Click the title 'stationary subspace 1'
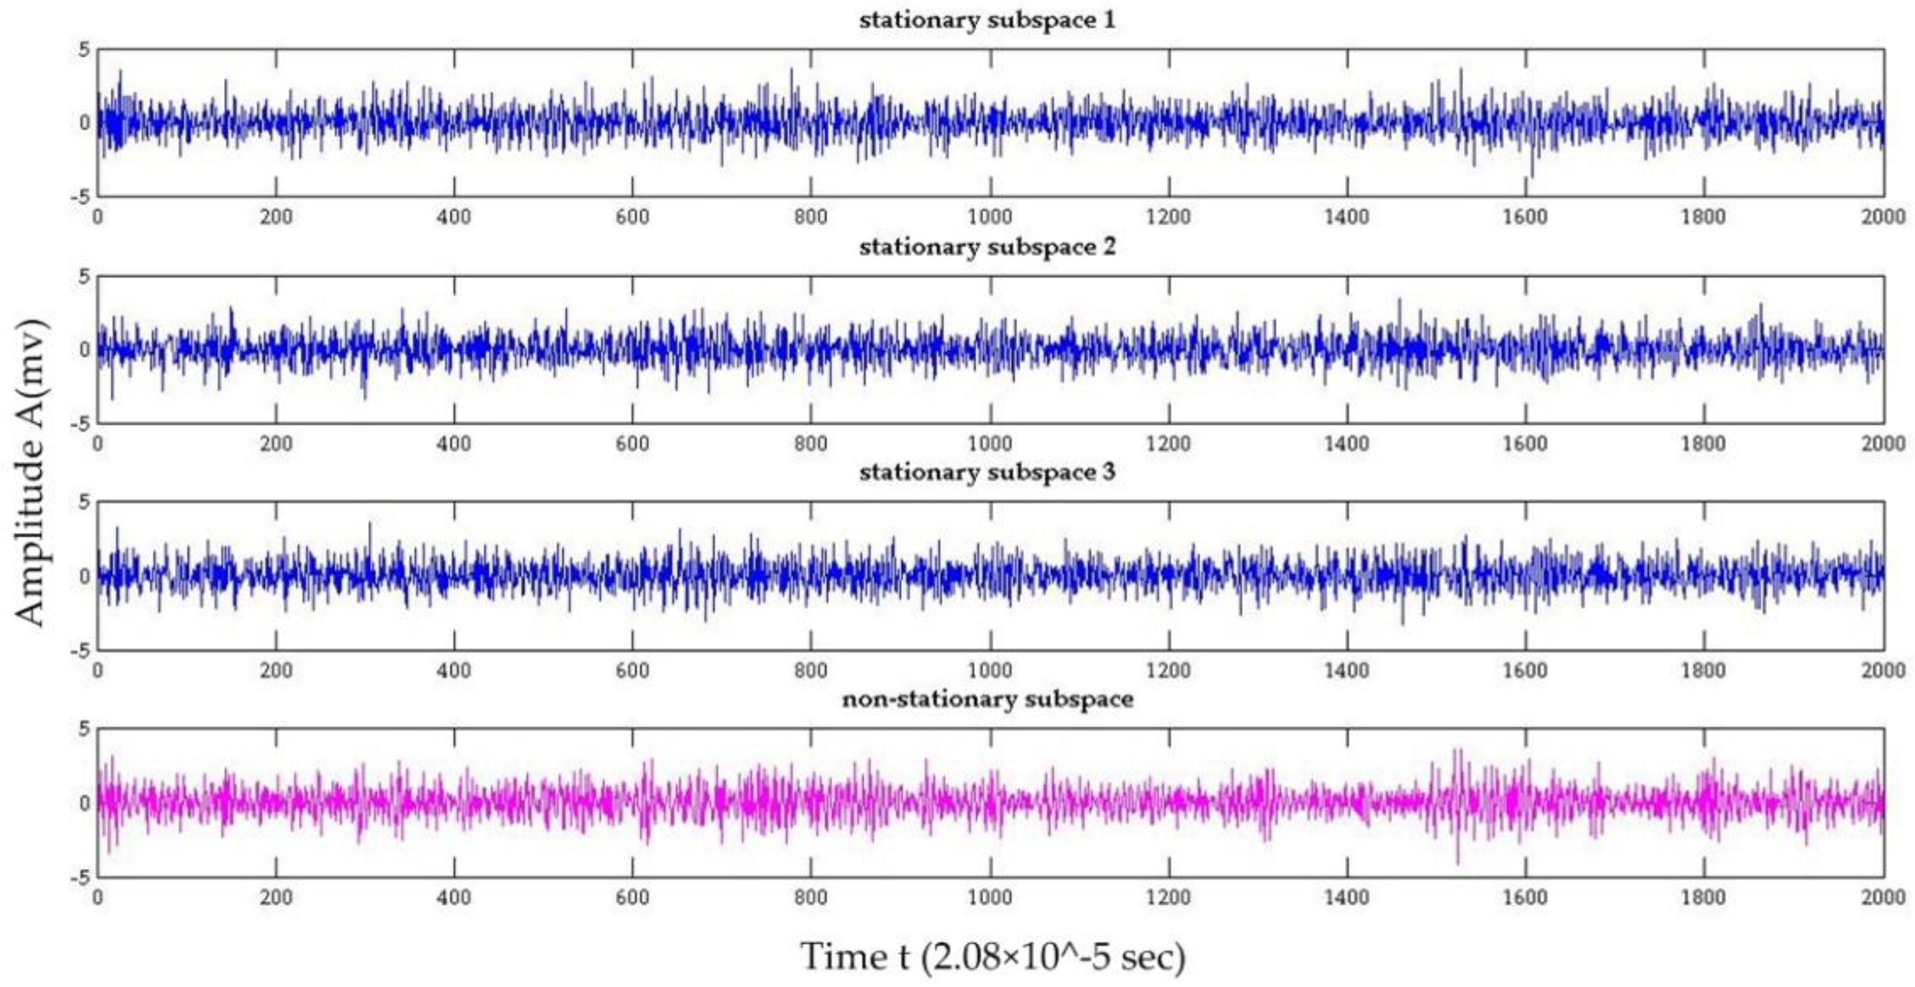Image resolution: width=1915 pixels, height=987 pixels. tap(987, 20)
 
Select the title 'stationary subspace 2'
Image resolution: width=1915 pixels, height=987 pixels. tap(987, 247)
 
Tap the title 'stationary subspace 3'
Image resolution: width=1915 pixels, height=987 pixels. tap(987, 472)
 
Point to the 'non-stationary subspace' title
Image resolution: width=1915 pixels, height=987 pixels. tap(987, 700)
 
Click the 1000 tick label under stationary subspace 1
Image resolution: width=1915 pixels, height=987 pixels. tap(989, 217)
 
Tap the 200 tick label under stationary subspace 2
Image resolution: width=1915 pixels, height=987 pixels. tap(276, 444)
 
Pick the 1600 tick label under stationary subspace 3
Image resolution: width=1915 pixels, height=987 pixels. tap(1525, 670)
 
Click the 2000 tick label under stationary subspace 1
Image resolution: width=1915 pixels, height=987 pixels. tap(1882, 217)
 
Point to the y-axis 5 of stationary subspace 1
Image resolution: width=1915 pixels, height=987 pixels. tap(83, 50)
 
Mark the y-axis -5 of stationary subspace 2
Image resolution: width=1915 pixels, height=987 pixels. tap(79, 423)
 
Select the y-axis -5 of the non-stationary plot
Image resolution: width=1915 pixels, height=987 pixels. tap(79, 877)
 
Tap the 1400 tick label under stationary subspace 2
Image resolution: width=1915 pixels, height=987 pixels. tap(1346, 444)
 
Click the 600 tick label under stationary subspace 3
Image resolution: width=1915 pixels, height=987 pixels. tap(633, 670)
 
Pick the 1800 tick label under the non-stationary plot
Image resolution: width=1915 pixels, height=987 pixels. tap(1703, 897)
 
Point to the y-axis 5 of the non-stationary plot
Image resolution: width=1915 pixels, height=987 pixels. tap(83, 729)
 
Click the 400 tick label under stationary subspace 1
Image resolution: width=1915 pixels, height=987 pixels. tap(454, 217)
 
